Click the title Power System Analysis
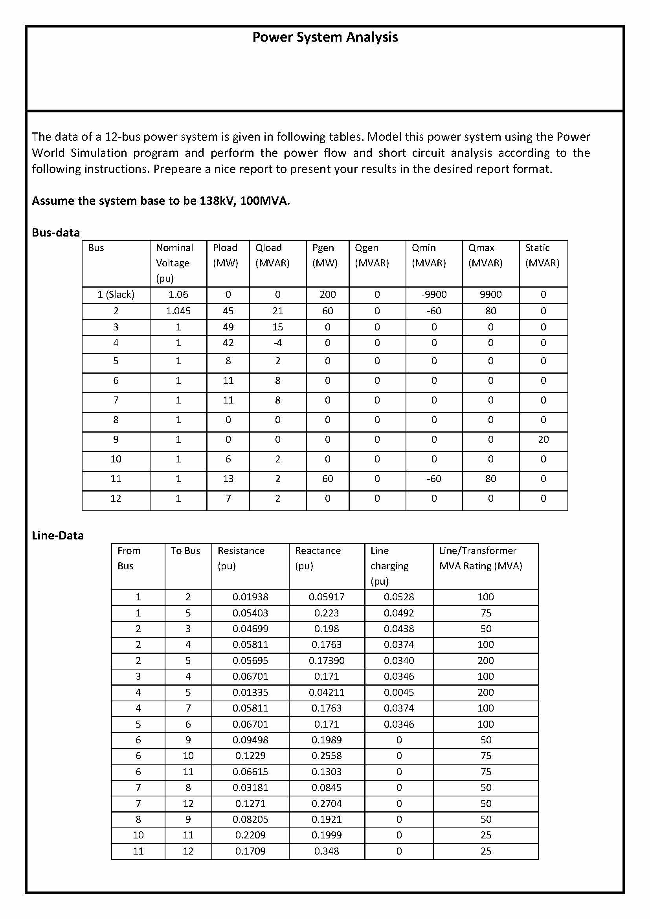click(325, 37)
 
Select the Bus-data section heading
click(56, 233)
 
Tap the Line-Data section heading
click(58, 536)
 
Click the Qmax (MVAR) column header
click(485, 255)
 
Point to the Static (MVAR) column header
click(542, 255)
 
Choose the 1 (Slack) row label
click(116, 295)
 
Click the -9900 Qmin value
click(433, 295)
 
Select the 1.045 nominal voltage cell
click(178, 311)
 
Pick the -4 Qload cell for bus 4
click(277, 343)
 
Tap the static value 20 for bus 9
click(543, 440)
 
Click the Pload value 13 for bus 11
click(228, 479)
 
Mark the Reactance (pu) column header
click(318, 558)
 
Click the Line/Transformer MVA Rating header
click(481, 558)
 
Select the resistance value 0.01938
click(250, 597)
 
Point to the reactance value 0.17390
click(326, 660)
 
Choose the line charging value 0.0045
click(398, 692)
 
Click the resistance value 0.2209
click(250, 835)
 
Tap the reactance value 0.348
click(326, 851)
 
